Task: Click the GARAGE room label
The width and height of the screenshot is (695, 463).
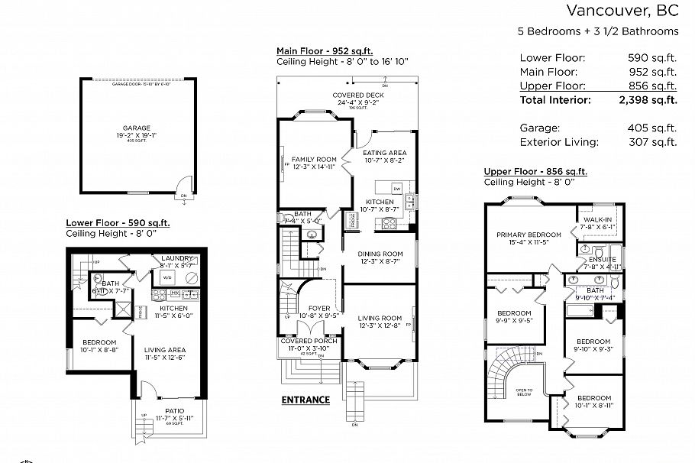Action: (137, 128)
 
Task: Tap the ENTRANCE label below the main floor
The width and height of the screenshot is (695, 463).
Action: (305, 400)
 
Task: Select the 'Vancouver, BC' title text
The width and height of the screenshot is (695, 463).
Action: (622, 11)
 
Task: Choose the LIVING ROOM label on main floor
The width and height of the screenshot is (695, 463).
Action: (380, 318)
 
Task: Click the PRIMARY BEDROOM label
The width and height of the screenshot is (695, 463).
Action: (523, 235)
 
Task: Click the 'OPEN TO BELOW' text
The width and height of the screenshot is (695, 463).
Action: (524, 393)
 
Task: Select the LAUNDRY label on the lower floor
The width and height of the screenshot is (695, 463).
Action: (177, 259)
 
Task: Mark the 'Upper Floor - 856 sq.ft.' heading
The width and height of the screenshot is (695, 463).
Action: (535, 172)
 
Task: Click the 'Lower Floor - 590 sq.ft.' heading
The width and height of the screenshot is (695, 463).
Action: (118, 223)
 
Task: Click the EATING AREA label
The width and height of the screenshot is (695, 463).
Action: (384, 153)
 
